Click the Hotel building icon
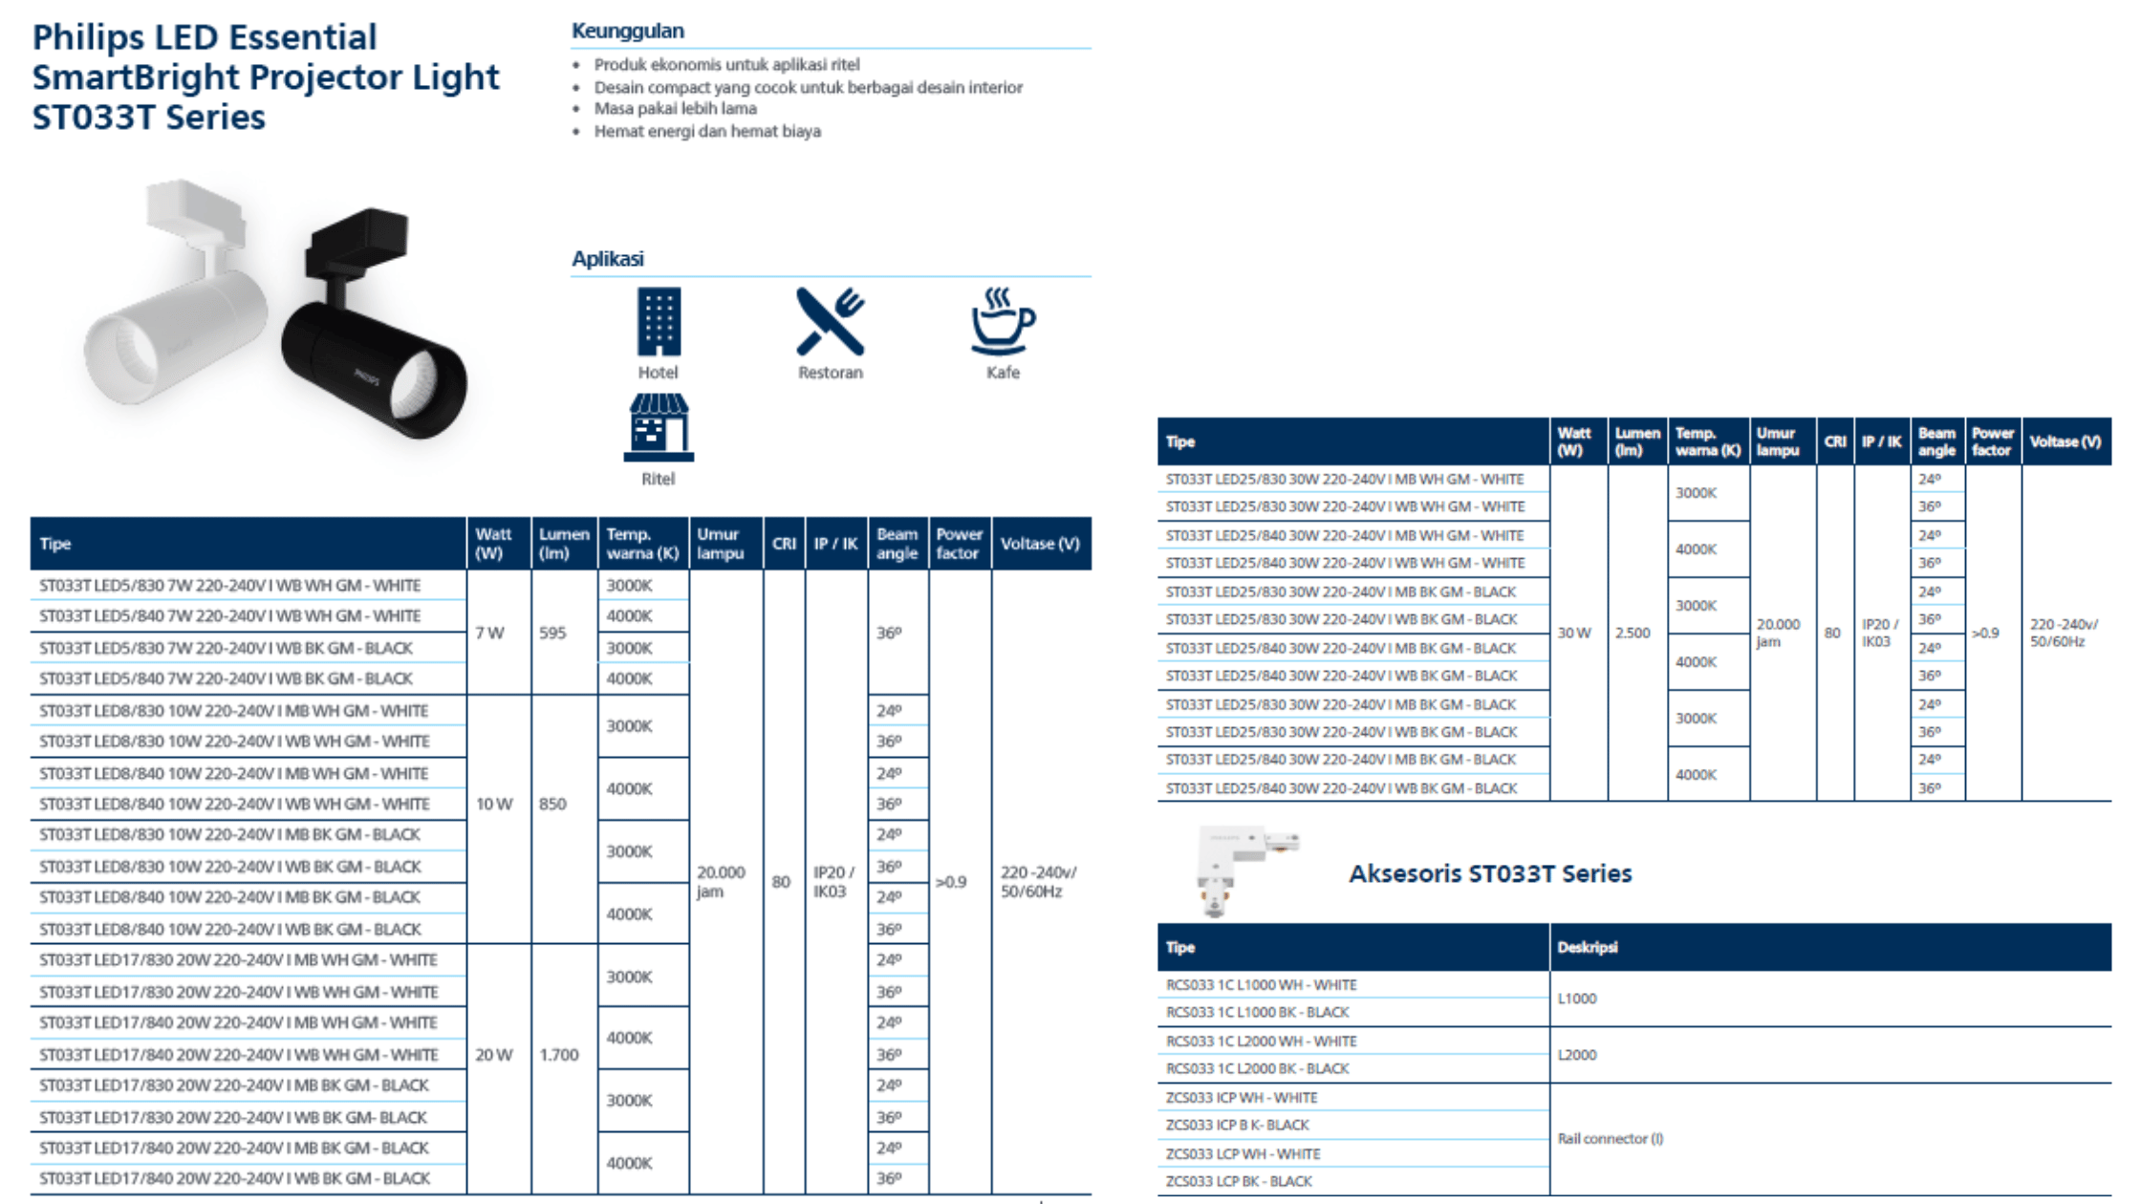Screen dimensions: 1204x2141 (659, 321)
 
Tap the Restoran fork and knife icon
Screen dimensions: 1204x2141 (830, 321)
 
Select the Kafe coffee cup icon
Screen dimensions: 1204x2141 (1003, 321)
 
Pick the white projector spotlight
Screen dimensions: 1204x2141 (177, 306)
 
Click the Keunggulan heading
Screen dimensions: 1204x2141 (628, 31)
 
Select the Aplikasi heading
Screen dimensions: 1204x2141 (608, 259)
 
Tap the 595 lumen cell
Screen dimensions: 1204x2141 (552, 633)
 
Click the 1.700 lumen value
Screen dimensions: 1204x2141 (559, 1055)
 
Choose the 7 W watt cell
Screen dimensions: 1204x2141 (490, 633)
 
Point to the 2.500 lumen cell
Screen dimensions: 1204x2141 (1633, 633)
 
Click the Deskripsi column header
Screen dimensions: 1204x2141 (1588, 947)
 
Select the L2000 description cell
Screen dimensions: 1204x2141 (1577, 1055)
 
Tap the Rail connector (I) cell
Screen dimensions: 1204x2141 (1611, 1139)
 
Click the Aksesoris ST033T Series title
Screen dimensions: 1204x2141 (1490, 873)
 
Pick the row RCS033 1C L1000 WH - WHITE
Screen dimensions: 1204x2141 (1262, 985)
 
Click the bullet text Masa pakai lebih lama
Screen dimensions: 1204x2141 (675, 109)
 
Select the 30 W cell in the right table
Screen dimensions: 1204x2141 (1574, 633)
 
